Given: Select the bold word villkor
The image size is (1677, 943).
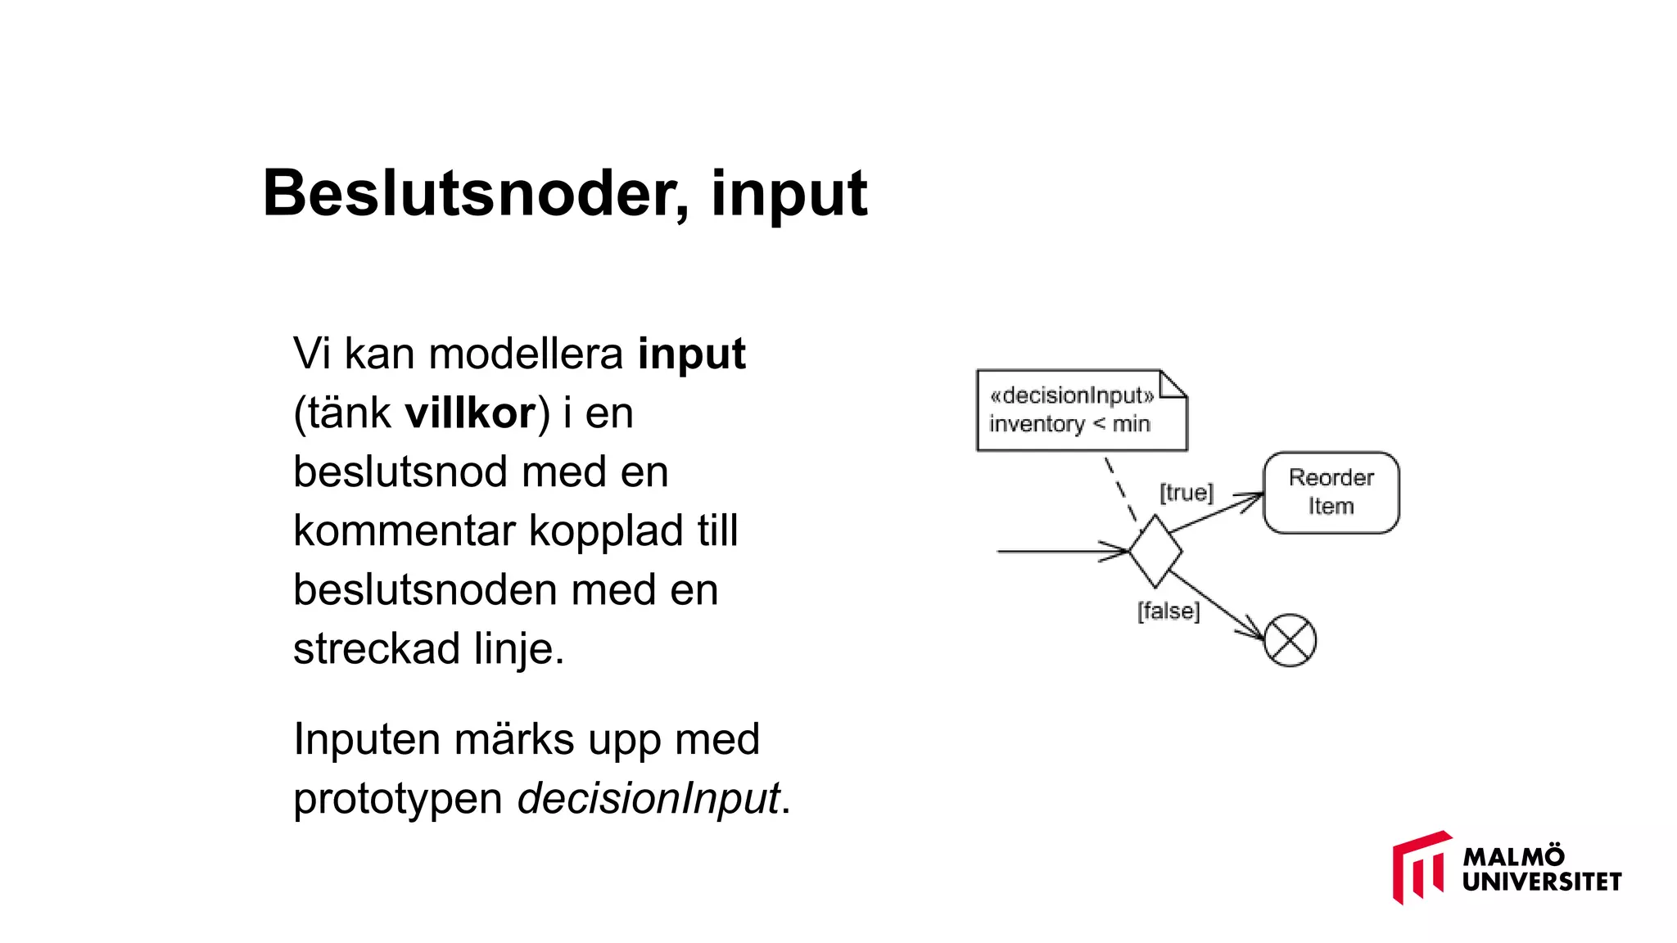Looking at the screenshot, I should (470, 413).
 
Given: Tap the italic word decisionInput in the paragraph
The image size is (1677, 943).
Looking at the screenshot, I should (649, 798).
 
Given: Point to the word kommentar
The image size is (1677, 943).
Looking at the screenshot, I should (405, 530).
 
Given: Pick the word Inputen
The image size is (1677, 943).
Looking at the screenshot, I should (367, 739).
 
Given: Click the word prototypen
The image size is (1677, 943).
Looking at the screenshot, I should (398, 798).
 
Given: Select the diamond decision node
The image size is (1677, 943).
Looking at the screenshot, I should (1155, 551).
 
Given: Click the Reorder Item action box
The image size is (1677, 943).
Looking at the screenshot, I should (1331, 493).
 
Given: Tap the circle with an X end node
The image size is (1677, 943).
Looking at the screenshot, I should (1290, 640).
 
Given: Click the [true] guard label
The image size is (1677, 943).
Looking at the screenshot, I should (1186, 493).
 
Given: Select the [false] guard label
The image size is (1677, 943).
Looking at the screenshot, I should (1168, 611).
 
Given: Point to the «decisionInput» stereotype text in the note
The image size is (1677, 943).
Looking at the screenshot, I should (1071, 395).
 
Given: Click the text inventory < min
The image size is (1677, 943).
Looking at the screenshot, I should (1069, 424).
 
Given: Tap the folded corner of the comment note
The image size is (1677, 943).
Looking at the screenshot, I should (1173, 383).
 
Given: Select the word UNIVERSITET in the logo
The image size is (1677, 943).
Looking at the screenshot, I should (1542, 882).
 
